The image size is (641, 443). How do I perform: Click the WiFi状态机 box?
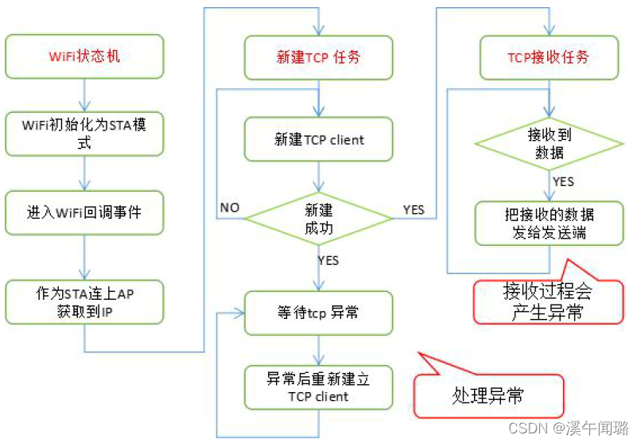[85, 56]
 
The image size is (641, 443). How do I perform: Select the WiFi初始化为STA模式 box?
[85, 134]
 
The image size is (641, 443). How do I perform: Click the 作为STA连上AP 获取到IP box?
[85, 301]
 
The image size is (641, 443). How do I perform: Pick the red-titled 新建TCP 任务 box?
[319, 56]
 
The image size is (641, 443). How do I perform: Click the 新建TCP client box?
[319, 139]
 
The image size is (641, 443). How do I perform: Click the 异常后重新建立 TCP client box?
[319, 387]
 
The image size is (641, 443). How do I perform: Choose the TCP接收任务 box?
[548, 56]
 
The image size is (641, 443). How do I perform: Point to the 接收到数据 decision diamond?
[548, 143]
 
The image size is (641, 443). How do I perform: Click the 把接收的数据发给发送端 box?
[548, 223]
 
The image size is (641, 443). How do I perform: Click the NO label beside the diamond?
[229, 208]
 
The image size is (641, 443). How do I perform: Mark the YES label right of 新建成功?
[414, 210]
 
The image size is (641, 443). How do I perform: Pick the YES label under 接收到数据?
[562, 181]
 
